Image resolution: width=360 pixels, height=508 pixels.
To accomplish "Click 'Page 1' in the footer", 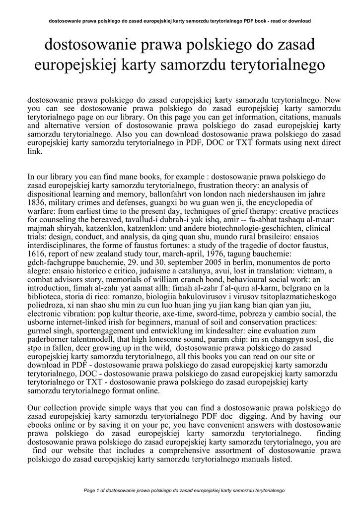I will click(93, 491).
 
